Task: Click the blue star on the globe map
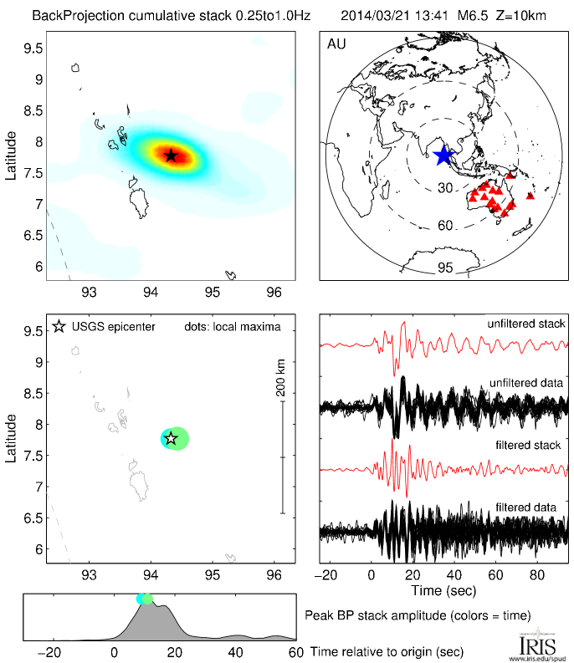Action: [x=443, y=154]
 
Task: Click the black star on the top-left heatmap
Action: [x=171, y=156]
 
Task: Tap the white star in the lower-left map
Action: [x=171, y=438]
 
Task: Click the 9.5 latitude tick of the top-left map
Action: [x=33, y=48]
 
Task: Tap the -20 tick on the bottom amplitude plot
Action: [x=52, y=652]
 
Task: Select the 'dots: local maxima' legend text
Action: [x=233, y=325]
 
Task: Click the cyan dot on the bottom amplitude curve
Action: [x=142, y=599]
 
